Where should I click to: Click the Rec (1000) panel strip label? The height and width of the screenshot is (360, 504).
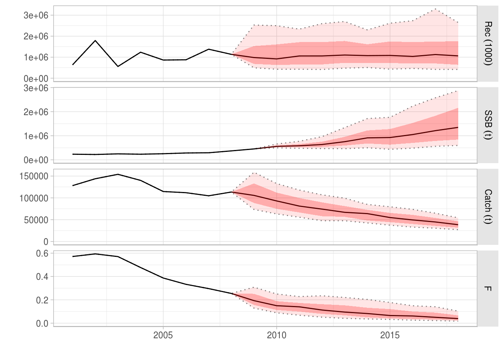pos(487,43)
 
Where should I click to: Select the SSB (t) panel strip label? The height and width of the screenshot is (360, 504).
pos(487,125)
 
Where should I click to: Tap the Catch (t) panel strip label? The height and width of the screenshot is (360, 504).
pos(487,207)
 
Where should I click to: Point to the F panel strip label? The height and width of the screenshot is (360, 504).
pos(487,288)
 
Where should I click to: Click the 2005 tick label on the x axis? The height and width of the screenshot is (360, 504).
pos(163,335)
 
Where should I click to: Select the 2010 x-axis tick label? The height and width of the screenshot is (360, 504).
pos(276,335)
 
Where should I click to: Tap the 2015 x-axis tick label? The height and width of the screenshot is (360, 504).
pos(390,335)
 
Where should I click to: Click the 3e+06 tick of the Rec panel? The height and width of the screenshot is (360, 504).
pos(36,15)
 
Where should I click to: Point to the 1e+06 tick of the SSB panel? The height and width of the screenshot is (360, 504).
pos(36,136)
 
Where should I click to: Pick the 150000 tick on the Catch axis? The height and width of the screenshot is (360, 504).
pos(34,176)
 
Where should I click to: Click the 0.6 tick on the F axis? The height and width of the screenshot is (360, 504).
pos(42,253)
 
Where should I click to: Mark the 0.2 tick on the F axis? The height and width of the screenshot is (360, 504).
pos(42,300)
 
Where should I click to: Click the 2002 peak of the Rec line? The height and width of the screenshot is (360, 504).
pos(95,40)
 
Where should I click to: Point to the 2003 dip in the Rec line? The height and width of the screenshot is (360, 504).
pos(118,66)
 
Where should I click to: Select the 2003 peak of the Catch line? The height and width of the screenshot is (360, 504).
pos(118,174)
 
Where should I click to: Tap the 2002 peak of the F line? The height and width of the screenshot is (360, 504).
pos(95,254)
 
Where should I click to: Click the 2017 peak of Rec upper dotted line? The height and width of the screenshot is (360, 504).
pos(435,9)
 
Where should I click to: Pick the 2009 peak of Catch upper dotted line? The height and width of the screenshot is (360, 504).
pos(254,173)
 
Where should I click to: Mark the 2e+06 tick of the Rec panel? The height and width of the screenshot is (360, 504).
pos(36,36)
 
